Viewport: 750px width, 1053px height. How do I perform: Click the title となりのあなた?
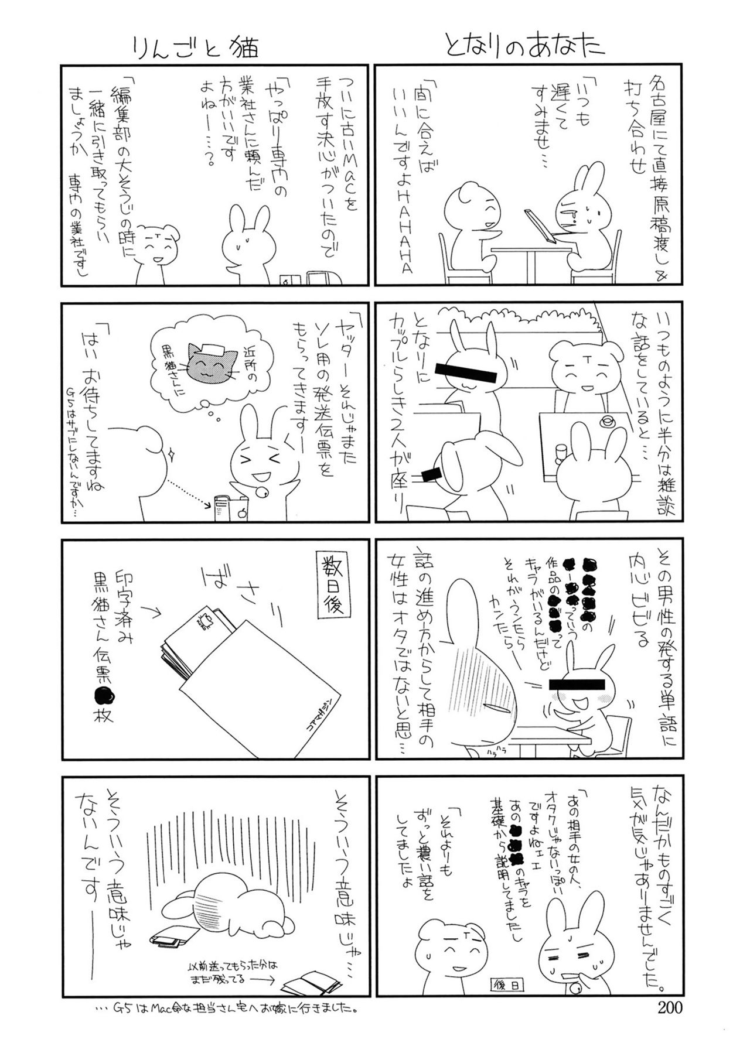524,47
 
